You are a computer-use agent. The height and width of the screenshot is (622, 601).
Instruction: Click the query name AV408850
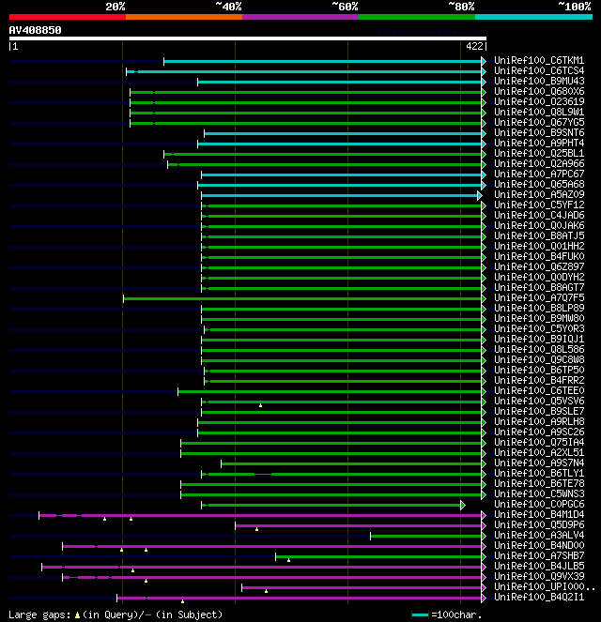pos(36,30)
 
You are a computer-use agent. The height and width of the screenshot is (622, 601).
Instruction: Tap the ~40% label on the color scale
pos(228,7)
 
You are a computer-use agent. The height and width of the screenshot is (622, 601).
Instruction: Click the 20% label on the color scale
pos(116,7)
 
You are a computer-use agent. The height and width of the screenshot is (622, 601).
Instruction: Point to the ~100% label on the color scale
pos(574,7)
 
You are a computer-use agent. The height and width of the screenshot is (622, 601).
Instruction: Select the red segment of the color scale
pos(67,16)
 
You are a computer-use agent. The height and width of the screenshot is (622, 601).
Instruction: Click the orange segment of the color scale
pos(183,16)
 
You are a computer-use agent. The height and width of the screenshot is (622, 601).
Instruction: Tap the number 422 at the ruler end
pos(474,45)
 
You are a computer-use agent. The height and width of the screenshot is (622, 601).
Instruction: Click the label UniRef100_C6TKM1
pos(539,61)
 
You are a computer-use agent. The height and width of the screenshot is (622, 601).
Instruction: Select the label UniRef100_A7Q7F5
pos(539,298)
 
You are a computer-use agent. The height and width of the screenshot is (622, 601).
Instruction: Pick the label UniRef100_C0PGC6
pos(539,505)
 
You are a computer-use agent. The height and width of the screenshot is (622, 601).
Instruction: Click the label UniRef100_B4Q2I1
pos(539,598)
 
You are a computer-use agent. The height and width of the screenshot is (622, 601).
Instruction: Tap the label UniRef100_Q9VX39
pos(539,577)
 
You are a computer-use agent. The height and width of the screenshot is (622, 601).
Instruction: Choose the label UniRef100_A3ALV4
pos(539,536)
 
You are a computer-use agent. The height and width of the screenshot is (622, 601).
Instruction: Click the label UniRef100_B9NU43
pos(539,82)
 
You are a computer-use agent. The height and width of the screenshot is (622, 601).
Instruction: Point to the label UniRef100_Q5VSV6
pos(539,402)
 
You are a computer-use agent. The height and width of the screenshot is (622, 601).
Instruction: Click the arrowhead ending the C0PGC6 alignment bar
pos(463,505)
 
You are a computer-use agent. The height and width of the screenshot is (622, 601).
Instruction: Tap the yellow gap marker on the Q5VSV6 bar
pos(261,405)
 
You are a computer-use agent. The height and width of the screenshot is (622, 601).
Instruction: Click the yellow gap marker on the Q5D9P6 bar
pos(256,529)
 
